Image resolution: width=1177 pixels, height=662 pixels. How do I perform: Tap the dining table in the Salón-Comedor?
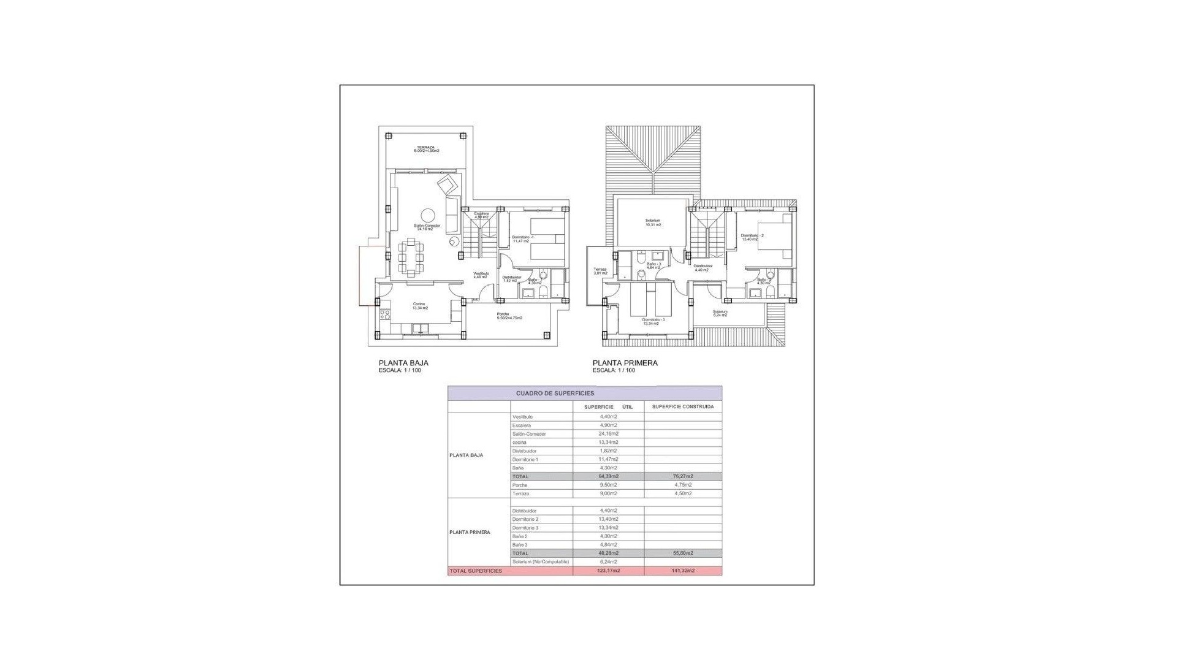[x=411, y=257]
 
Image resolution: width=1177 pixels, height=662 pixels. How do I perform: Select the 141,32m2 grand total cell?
[x=682, y=571]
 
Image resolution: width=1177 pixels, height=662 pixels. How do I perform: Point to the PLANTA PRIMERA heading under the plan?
[x=625, y=363]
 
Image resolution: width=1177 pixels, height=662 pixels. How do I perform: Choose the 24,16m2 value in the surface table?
[x=608, y=434]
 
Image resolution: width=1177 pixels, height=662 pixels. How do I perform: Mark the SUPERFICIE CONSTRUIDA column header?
[x=682, y=406]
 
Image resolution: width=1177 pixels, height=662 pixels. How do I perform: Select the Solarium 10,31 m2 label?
[x=653, y=223]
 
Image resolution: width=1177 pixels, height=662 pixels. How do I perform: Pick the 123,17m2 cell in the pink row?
[x=608, y=571]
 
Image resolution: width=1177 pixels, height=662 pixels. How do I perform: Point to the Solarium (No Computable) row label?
[x=540, y=561]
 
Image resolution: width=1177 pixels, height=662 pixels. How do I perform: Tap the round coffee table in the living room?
[x=427, y=215]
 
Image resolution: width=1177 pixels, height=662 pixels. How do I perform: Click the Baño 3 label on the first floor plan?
[x=653, y=265]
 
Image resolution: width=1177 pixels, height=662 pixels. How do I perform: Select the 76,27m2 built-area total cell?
[x=682, y=476]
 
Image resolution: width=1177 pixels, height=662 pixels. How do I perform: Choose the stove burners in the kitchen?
[x=385, y=314]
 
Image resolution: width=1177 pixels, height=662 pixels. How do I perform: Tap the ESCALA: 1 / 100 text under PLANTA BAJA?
[x=400, y=370]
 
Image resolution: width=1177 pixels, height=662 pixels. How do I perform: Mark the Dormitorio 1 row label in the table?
[x=525, y=459]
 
